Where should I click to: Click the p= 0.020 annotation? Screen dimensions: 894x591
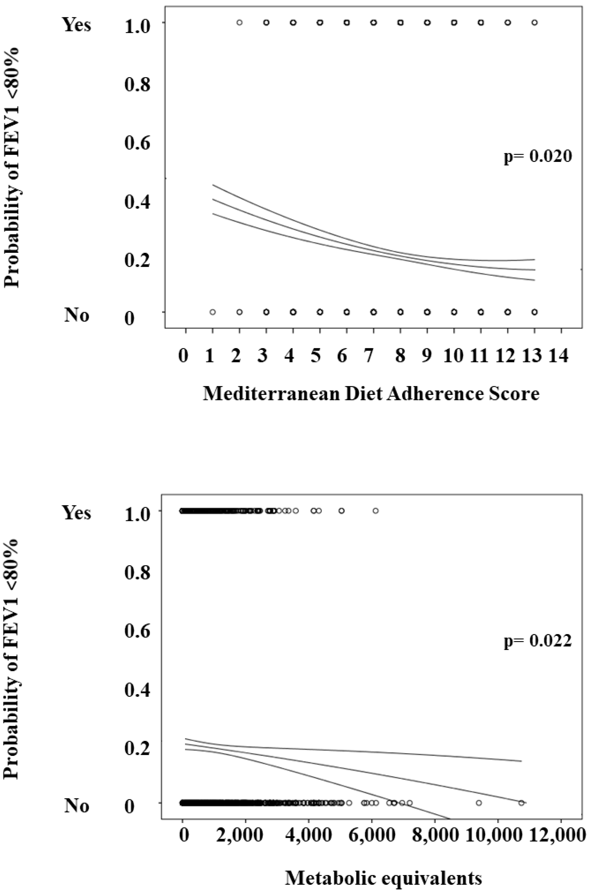pos(538,156)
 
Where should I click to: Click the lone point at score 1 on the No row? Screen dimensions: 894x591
pos(213,312)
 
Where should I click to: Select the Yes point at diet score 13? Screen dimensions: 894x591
pos(534,23)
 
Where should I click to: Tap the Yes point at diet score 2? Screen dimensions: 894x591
pos(239,23)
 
